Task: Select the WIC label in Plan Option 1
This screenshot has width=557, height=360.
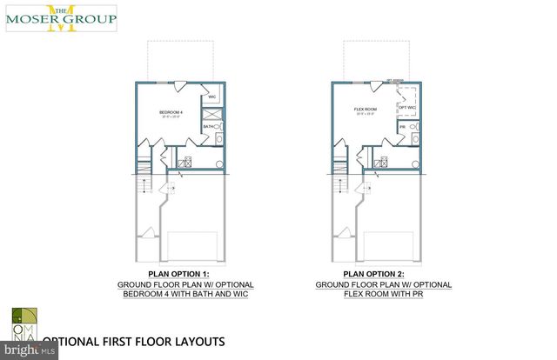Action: coord(211,97)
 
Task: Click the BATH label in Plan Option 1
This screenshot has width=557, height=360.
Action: coord(208,127)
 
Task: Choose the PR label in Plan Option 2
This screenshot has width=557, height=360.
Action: coord(402,127)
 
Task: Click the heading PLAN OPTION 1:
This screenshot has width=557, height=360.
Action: coord(165,273)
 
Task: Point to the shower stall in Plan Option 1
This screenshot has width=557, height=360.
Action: coord(212,113)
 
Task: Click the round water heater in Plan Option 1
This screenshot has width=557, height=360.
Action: coord(219,163)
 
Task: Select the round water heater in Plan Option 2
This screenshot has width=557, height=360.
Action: coord(416,163)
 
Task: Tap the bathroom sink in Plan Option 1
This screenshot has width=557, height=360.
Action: coord(218,139)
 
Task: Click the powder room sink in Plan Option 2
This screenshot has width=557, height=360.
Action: coord(413,139)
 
